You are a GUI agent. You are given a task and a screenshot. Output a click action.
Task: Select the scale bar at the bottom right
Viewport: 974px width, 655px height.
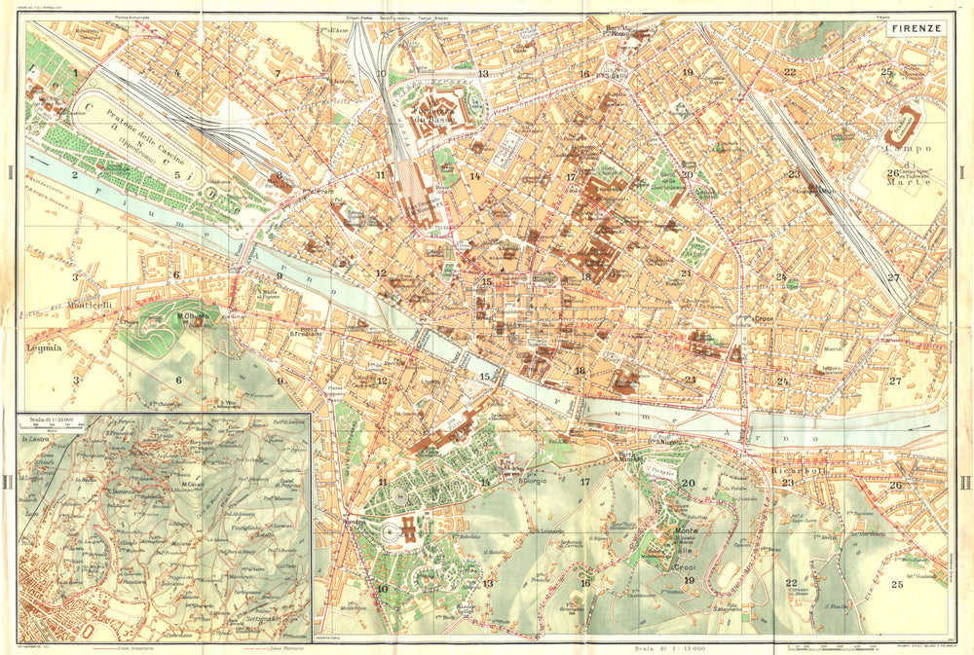tap(828, 645)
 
